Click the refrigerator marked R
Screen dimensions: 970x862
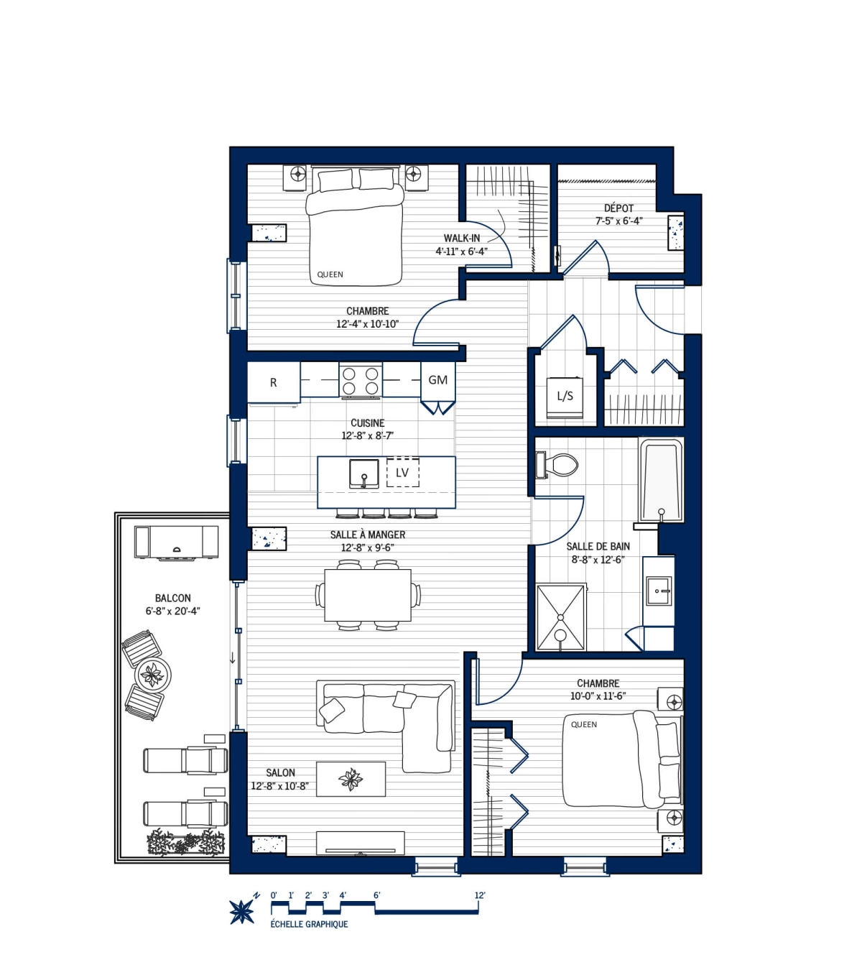point(274,382)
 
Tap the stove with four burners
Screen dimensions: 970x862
point(360,381)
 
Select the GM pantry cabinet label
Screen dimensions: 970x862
point(437,380)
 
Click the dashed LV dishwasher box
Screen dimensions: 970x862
point(402,472)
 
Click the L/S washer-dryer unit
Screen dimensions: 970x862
point(565,397)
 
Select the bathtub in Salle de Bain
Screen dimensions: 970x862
point(661,479)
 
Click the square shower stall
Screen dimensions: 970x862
point(561,617)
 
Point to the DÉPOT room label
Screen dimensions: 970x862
point(618,208)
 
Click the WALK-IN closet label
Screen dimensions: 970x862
point(462,239)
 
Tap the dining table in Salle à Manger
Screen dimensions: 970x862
point(368,595)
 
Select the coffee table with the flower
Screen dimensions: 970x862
point(351,779)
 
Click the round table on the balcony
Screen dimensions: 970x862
point(152,675)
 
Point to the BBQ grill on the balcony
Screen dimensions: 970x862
point(176,542)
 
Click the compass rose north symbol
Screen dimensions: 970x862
point(242,911)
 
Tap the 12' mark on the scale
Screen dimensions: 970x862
point(479,896)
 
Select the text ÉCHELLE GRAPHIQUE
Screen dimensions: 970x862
point(309,925)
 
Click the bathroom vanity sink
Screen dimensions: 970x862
point(658,591)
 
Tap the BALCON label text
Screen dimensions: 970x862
point(173,598)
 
